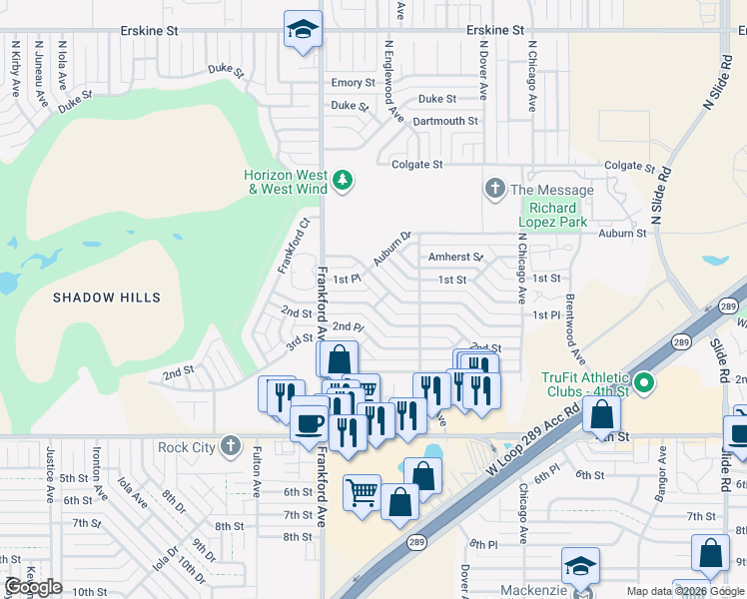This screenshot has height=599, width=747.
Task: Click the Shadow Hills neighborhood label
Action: click(107, 298)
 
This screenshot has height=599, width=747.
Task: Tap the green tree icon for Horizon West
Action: click(343, 180)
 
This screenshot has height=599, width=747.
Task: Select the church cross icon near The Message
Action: click(493, 189)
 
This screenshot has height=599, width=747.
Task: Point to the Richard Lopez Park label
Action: click(552, 216)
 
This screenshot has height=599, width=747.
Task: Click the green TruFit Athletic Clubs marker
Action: click(645, 382)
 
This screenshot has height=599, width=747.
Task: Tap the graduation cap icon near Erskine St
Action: click(302, 30)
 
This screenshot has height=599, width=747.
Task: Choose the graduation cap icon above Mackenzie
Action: click(580, 566)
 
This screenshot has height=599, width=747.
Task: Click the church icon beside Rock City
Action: click(231, 445)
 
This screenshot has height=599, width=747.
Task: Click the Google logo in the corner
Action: click(33, 588)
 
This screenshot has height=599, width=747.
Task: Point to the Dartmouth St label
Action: click(445, 121)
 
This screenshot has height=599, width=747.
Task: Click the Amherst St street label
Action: click(455, 258)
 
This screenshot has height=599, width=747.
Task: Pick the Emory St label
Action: click(353, 83)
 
